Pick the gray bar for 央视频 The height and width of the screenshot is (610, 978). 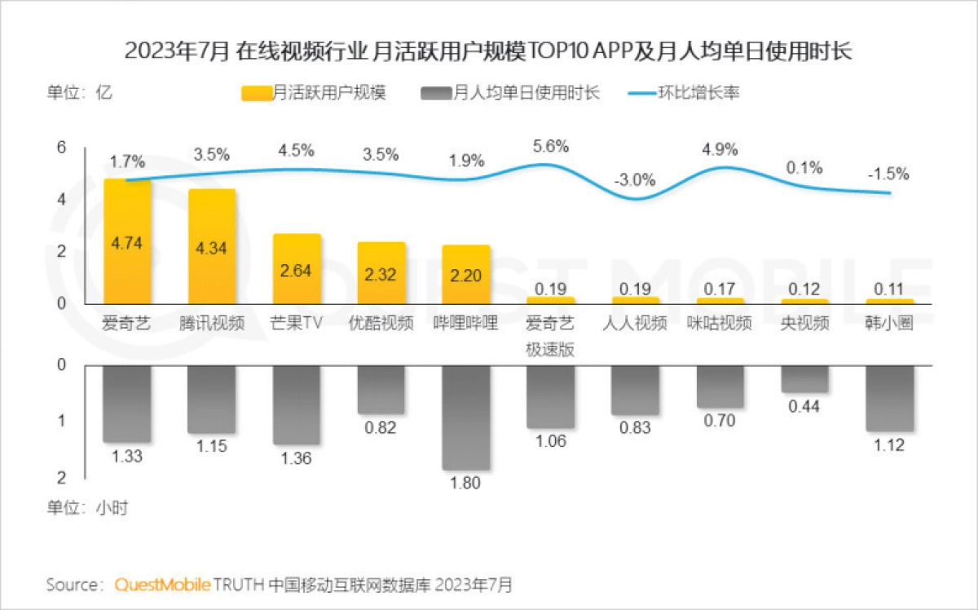tap(804, 379)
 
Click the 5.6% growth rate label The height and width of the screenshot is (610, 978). tap(551, 146)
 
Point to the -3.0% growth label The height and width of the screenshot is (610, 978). tap(636, 179)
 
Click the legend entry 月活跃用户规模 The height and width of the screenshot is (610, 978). tap(314, 92)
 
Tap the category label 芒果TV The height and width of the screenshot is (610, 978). tap(296, 323)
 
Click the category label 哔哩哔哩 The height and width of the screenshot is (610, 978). tap(465, 323)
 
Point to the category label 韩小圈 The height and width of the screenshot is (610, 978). tap(889, 323)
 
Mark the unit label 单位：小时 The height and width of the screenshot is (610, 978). tap(86, 507)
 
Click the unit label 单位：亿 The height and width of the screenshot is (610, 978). tap(78, 92)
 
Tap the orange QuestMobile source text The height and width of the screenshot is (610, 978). tap(162, 585)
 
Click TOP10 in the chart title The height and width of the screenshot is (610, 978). tap(563, 51)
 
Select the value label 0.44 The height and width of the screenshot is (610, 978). tap(804, 407)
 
